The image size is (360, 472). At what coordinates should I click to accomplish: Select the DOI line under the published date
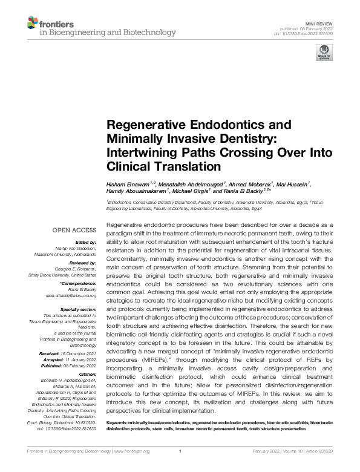(x=308, y=34)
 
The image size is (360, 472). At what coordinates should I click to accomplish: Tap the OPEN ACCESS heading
(x=74, y=230)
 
